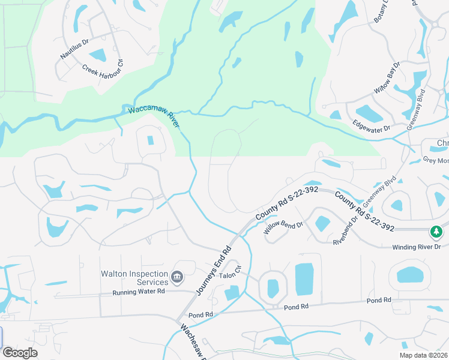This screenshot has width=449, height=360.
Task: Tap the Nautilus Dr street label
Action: [74, 49]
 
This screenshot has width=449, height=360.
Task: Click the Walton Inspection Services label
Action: [134, 278]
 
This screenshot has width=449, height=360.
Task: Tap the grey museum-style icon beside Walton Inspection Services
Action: [176, 277]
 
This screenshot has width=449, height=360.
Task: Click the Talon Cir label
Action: [229, 275]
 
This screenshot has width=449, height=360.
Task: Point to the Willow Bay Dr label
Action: [387, 77]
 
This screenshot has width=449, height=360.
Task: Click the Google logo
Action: [20, 353]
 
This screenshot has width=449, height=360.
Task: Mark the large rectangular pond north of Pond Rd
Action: [304, 279]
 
